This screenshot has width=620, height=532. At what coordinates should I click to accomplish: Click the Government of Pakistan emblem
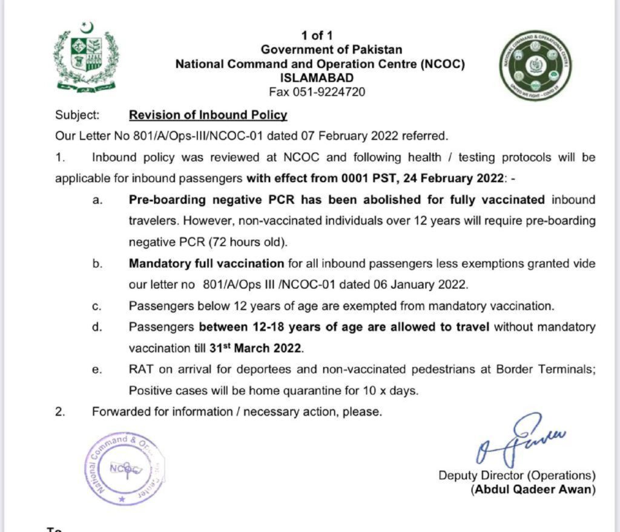85,57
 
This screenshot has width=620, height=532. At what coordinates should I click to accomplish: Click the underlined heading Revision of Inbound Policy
208,114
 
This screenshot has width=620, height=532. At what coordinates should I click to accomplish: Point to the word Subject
76,114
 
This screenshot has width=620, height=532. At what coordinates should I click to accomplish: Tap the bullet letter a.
97,199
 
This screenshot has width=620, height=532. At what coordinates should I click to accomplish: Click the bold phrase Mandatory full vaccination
206,264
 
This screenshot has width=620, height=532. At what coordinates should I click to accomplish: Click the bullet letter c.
97,306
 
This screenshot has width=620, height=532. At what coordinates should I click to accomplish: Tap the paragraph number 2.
59,412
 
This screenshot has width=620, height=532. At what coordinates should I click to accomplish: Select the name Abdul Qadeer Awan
533,490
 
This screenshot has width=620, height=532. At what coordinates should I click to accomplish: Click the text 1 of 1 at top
317,36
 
